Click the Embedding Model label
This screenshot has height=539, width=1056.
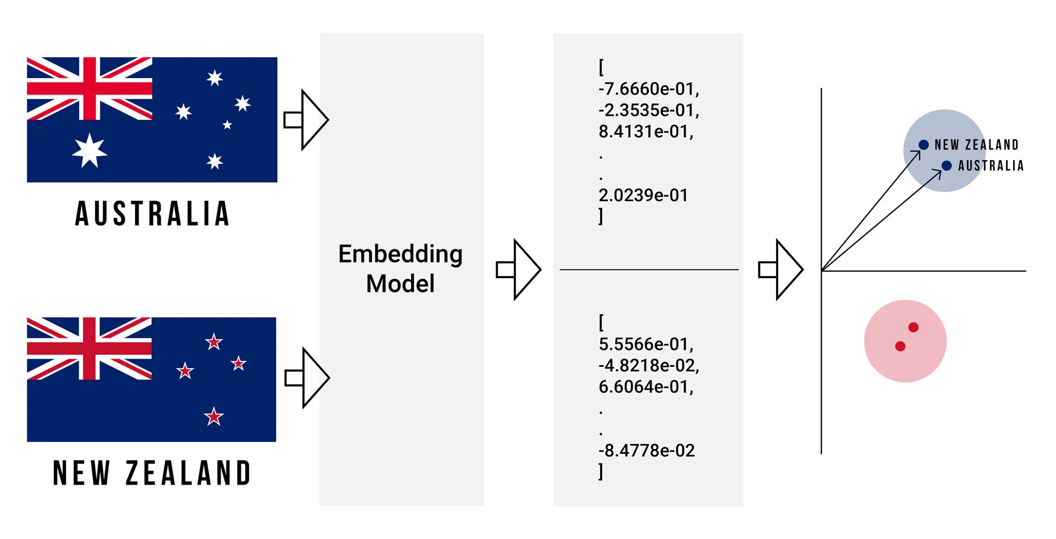(400, 269)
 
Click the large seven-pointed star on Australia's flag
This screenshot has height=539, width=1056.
(90, 150)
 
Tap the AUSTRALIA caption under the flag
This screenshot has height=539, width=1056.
(152, 213)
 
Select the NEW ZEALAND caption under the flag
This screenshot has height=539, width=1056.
(152, 473)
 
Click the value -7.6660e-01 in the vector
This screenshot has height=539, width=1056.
(648, 89)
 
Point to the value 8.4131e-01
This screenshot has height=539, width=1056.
(646, 131)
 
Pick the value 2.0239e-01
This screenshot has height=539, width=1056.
(643, 195)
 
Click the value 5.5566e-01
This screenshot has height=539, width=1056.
(646, 344)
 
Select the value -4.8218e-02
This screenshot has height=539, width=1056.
(648, 365)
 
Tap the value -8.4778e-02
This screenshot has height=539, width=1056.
(646, 450)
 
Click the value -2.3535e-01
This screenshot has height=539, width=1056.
(648, 110)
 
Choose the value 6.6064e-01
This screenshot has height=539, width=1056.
(646, 387)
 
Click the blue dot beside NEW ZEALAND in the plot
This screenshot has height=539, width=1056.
(923, 145)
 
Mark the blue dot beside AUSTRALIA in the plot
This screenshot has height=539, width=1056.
(947, 166)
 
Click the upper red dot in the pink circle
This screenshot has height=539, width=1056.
(914, 327)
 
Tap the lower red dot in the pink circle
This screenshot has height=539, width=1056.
(900, 346)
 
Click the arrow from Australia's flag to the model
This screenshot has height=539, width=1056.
(306, 119)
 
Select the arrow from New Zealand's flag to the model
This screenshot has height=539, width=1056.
(307, 378)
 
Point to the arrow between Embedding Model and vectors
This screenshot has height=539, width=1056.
(519, 269)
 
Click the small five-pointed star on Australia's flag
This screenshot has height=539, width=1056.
(227, 125)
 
